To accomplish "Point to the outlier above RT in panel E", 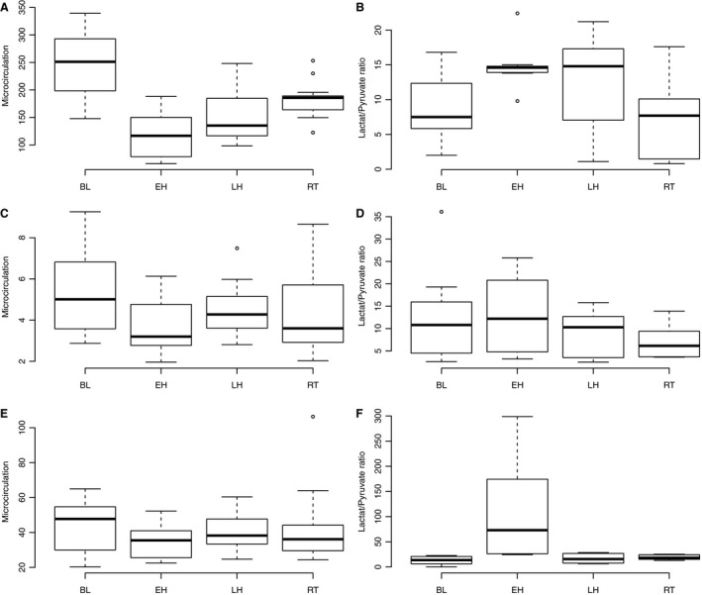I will coord(313,417).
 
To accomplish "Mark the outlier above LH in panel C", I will coord(238,248).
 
